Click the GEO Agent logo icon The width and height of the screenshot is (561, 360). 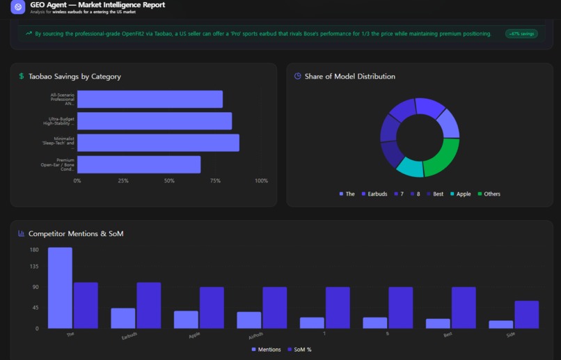point(18,7)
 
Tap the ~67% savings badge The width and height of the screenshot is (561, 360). point(521,33)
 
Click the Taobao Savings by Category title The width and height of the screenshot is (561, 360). point(74,77)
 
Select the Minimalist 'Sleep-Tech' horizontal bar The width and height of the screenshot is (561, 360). point(158,143)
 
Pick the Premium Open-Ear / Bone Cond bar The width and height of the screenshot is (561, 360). point(139,164)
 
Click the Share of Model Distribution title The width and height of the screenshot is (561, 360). point(349,77)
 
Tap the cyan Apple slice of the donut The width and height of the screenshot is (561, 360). point(410,167)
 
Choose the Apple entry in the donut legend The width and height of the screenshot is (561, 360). point(460,194)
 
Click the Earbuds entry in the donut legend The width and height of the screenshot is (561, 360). point(374,194)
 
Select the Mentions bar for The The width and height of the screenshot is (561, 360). point(60,288)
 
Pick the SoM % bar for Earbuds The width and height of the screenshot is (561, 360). point(149,305)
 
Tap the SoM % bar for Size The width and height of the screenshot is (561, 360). point(527,314)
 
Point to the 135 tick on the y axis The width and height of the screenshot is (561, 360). point(34,266)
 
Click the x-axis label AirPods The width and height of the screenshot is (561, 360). point(255,336)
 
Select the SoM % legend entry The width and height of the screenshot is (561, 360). point(299,350)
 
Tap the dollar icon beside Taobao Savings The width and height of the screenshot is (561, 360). point(22,77)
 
